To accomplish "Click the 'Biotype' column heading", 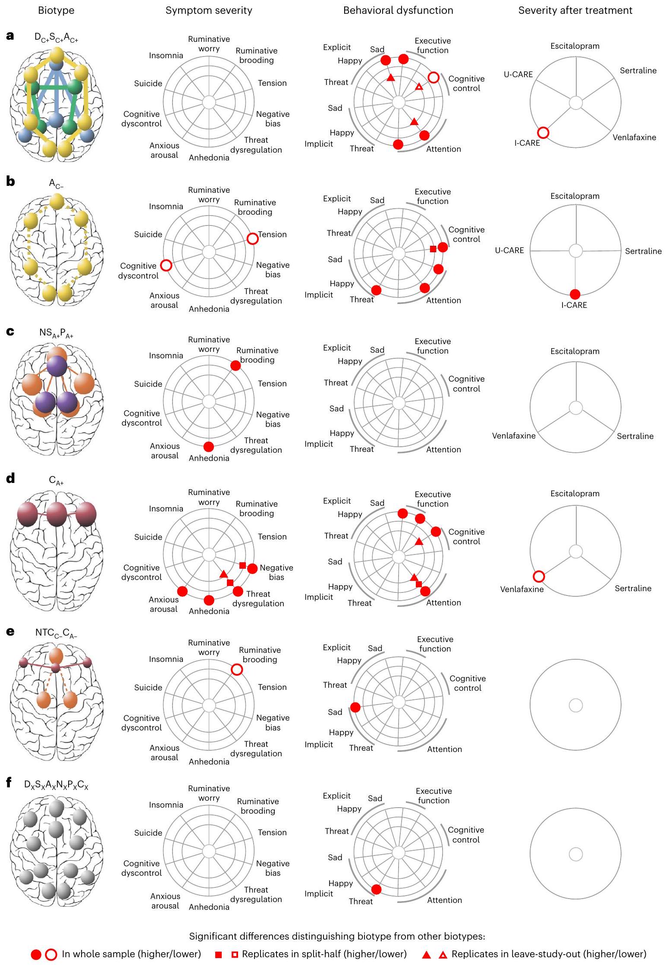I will pyautogui.click(x=56, y=10).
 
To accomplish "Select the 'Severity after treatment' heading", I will pyautogui.click(x=575, y=10).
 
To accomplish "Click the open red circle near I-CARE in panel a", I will pyautogui.click(x=543, y=133).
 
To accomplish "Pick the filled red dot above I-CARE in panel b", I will pyautogui.click(x=575, y=294).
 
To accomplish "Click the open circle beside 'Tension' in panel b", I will pyautogui.click(x=253, y=238).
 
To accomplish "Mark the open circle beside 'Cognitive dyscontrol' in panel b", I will pyautogui.click(x=166, y=266).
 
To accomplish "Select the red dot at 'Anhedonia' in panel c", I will pyautogui.click(x=209, y=446).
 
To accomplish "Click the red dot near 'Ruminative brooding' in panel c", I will pyautogui.click(x=236, y=366).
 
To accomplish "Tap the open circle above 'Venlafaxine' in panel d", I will pyautogui.click(x=539, y=576).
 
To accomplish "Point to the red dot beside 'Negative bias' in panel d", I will pyautogui.click(x=252, y=569).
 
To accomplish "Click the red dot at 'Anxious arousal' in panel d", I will pyautogui.click(x=182, y=591).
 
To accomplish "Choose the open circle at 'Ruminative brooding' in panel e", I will pyautogui.click(x=237, y=669).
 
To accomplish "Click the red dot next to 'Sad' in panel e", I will pyautogui.click(x=355, y=707).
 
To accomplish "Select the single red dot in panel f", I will pyautogui.click(x=376, y=889).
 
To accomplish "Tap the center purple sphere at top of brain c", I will pyautogui.click(x=57, y=366).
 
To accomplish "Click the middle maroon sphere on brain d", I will pyautogui.click(x=57, y=514).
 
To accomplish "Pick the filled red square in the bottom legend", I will pyautogui.click(x=219, y=955).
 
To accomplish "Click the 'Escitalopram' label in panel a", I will pyautogui.click(x=575, y=46).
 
